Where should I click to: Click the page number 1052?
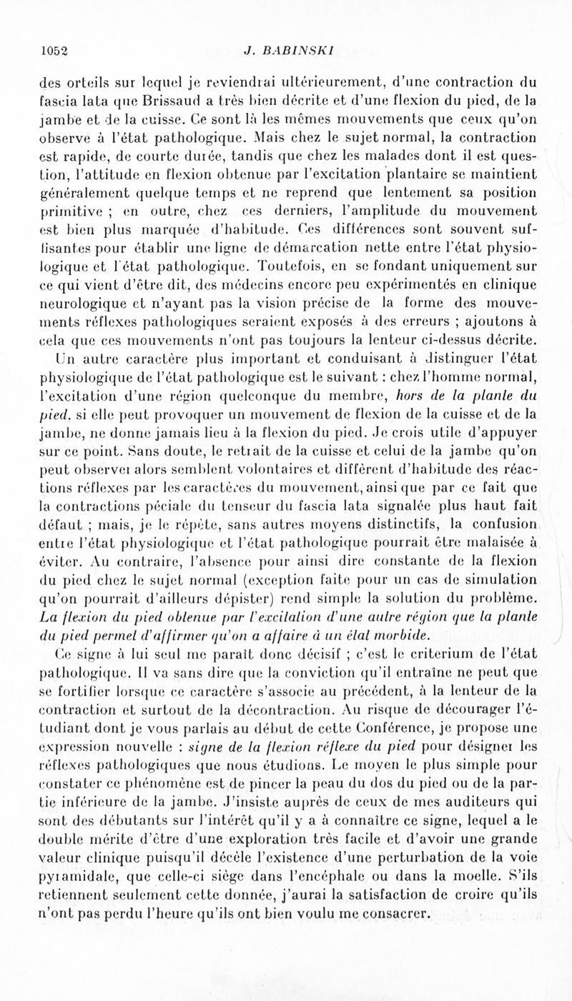(x=54, y=50)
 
